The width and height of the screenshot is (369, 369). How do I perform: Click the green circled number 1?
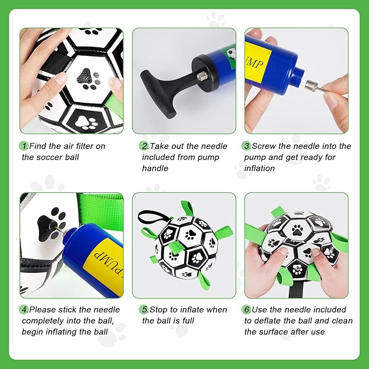tap(23, 146)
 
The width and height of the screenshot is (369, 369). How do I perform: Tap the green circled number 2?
tap(143, 146)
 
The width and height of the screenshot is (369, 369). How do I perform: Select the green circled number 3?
tap(246, 146)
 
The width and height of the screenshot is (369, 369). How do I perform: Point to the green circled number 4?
tap(23, 310)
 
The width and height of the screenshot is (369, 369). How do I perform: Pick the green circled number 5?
tap(143, 310)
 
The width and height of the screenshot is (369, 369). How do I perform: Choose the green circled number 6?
tap(246, 310)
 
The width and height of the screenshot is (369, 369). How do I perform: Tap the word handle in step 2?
tap(155, 168)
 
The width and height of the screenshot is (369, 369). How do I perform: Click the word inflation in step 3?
tap(259, 168)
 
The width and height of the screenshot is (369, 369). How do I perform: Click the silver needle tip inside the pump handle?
tap(203, 76)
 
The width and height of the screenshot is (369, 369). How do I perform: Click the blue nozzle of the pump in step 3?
tap(297, 77)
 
